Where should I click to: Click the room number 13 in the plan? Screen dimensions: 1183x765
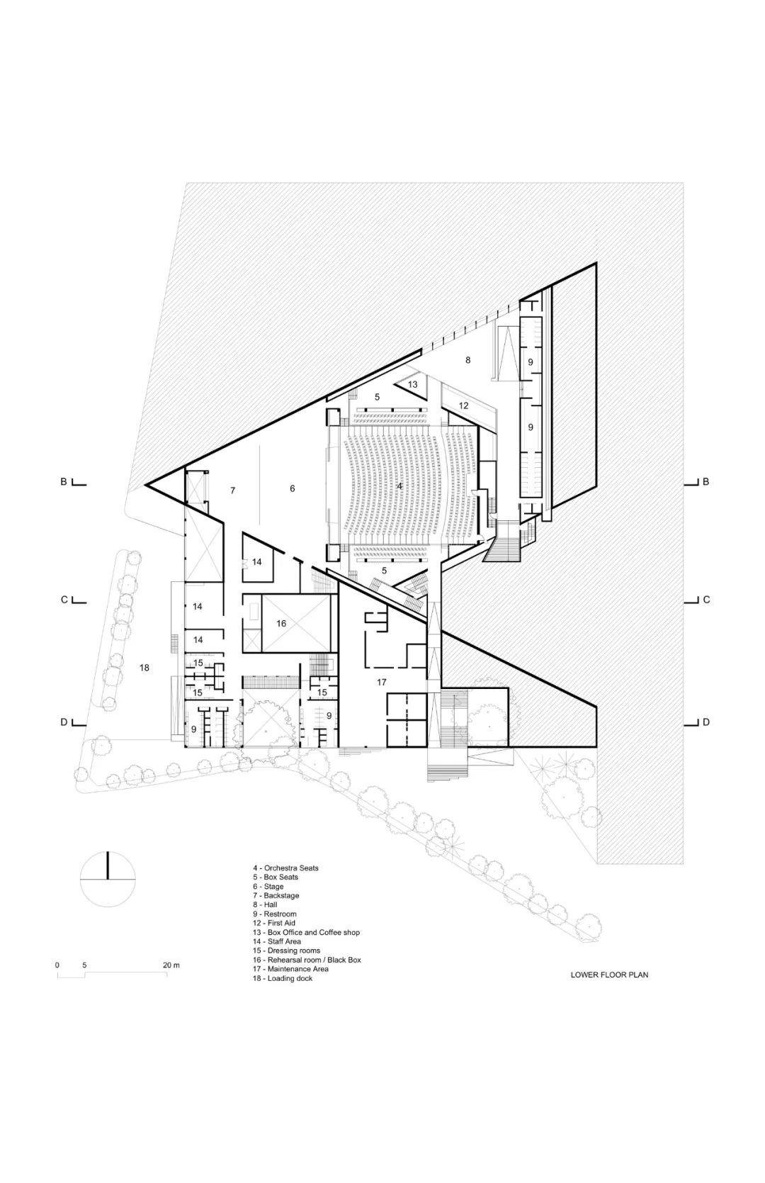(412, 385)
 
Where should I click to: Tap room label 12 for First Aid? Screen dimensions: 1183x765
(464, 406)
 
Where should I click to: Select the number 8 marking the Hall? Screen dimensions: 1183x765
(467, 360)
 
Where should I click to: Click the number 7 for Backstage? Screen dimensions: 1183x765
(232, 490)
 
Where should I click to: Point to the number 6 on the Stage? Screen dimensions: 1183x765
(292, 488)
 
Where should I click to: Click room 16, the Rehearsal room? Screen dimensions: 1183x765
(281, 624)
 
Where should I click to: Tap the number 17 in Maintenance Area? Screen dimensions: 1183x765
(382, 682)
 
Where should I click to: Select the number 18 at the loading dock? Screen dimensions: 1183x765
(144, 668)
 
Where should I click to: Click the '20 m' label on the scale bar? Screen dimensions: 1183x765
(171, 965)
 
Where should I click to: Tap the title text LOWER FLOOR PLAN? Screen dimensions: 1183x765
(609, 975)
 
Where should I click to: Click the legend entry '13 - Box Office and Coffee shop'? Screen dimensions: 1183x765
(307, 932)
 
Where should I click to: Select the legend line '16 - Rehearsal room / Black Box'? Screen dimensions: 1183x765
(307, 960)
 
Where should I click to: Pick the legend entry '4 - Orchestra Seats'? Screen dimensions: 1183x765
(286, 868)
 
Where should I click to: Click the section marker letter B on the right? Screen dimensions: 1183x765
(705, 482)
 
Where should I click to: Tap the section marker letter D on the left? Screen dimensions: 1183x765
(64, 722)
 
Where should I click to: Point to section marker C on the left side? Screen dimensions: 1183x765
(64, 600)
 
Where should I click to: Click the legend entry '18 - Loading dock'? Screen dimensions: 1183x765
(283, 978)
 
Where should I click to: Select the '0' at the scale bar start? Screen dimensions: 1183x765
(57, 965)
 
